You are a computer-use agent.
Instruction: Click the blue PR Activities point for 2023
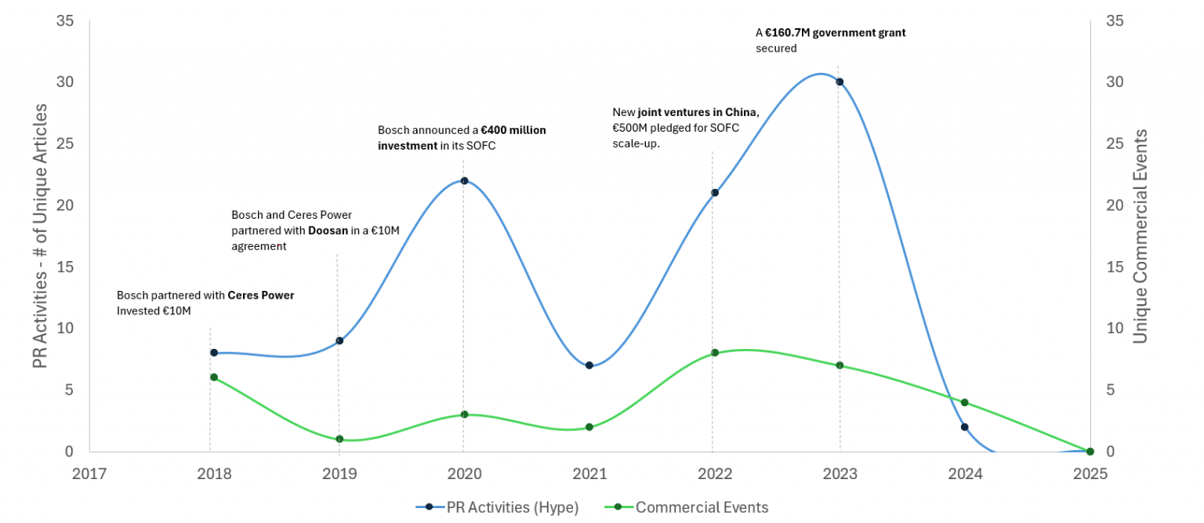pyautogui.click(x=840, y=82)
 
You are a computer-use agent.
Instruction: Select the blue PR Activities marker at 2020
pyautogui.click(x=464, y=180)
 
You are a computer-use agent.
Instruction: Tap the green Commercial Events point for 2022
pyautogui.click(x=715, y=353)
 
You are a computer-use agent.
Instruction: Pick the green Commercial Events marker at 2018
pyautogui.click(x=214, y=377)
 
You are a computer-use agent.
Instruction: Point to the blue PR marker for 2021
pyautogui.click(x=589, y=365)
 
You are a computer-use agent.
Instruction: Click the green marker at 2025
pyautogui.click(x=1090, y=451)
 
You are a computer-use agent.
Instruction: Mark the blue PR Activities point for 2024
pyautogui.click(x=965, y=427)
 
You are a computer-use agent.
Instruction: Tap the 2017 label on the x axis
pyautogui.click(x=89, y=474)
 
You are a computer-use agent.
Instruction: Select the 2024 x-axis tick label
pyautogui.click(x=965, y=474)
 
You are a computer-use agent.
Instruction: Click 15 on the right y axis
pyautogui.click(x=1114, y=267)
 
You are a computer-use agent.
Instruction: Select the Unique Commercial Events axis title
pyautogui.click(x=1141, y=235)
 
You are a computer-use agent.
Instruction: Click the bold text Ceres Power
pyautogui.click(x=261, y=296)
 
